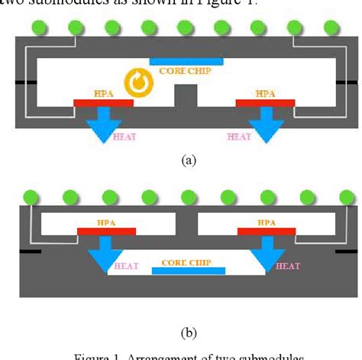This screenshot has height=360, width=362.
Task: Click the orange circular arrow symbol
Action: tap(140, 83)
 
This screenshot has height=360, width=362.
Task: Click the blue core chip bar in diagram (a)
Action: tap(186, 60)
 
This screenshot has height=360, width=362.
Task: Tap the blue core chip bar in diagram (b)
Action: tap(187, 271)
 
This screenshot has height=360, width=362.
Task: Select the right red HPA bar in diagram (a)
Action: tap(265, 102)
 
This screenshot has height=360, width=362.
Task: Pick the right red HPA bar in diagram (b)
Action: tap(265, 230)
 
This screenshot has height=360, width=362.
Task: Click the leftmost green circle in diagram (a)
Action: tap(37, 27)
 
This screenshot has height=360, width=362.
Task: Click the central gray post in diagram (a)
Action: tap(186, 97)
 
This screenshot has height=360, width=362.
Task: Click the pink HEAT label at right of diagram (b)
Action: tap(287, 266)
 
